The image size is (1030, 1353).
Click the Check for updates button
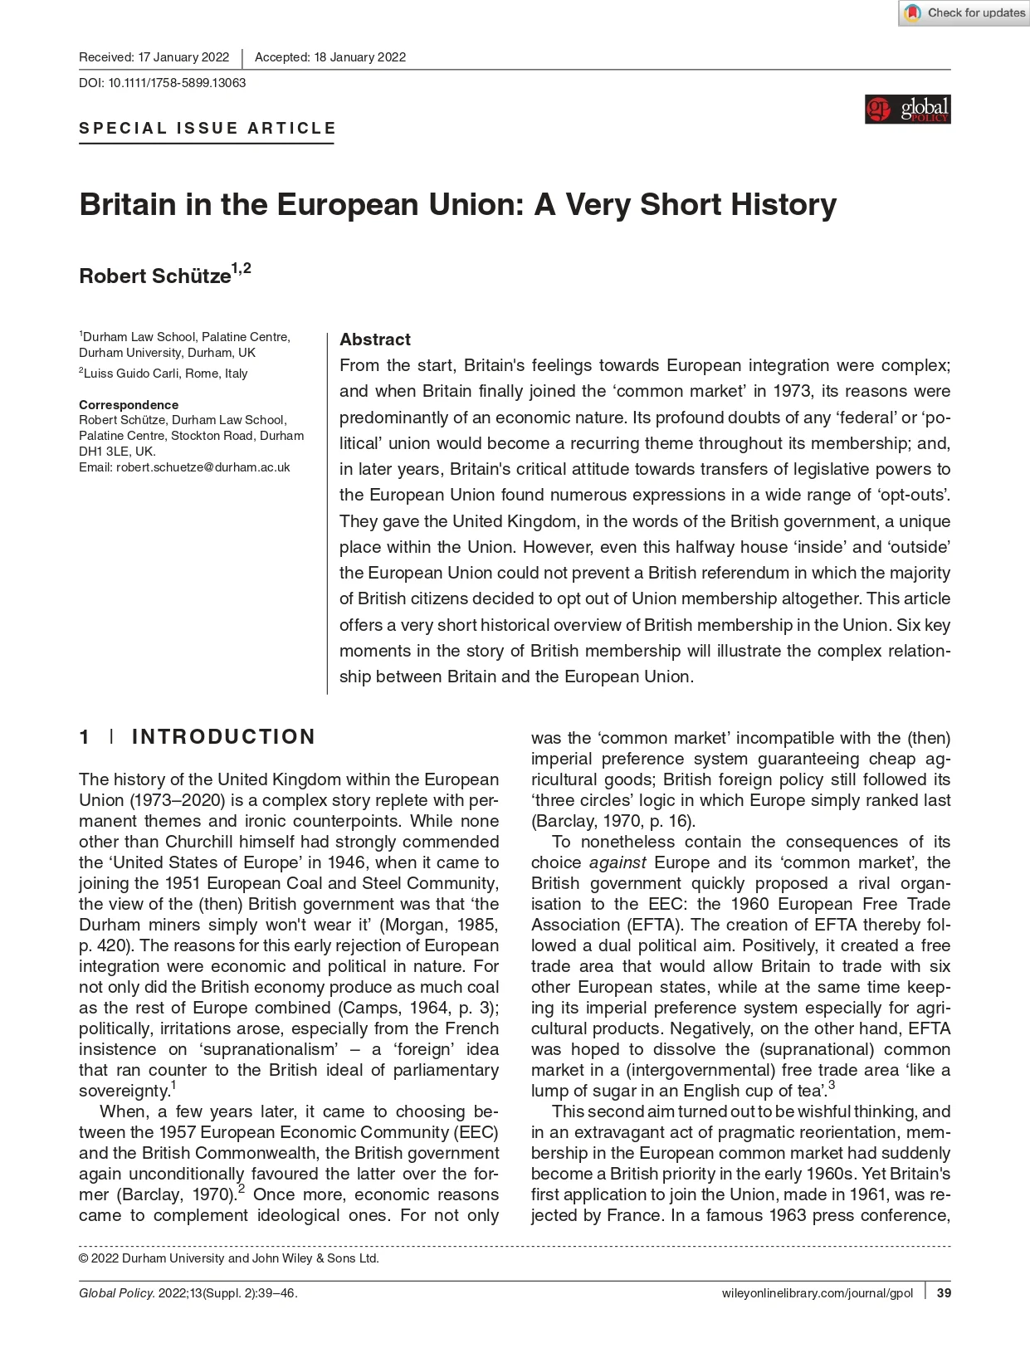click(964, 13)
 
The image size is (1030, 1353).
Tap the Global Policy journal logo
click(907, 110)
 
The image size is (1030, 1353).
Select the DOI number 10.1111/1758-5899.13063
click(177, 83)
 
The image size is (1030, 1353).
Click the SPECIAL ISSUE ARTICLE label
click(207, 129)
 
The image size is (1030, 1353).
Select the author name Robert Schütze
click(155, 276)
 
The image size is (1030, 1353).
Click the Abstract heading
click(375, 339)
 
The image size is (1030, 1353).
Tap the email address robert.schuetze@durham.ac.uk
click(203, 467)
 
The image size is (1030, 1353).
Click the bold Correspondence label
click(129, 405)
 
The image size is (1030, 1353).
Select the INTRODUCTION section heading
click(223, 737)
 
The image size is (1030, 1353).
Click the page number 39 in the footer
click(944, 1293)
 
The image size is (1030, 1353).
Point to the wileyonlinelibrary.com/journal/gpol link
click(818, 1293)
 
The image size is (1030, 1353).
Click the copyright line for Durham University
click(229, 1258)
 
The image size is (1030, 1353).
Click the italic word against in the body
click(617, 862)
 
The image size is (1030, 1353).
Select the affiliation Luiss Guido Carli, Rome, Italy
click(165, 374)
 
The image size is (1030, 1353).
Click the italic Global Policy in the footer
click(116, 1293)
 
